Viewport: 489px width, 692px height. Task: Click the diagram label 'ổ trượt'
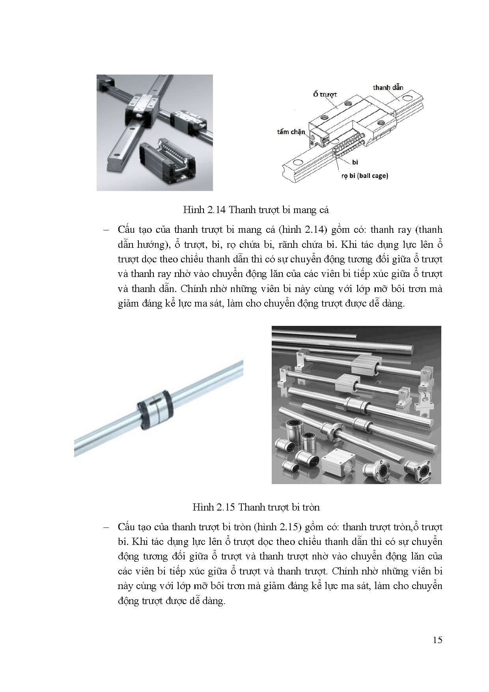click(325, 95)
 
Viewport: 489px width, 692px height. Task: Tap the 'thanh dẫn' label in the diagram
click(388, 88)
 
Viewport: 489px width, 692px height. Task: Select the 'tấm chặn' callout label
click(291, 132)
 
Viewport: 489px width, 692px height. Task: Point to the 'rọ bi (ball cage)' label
click(364, 176)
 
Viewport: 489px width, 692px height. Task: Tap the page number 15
click(437, 640)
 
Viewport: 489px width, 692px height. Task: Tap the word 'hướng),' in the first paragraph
click(149, 245)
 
